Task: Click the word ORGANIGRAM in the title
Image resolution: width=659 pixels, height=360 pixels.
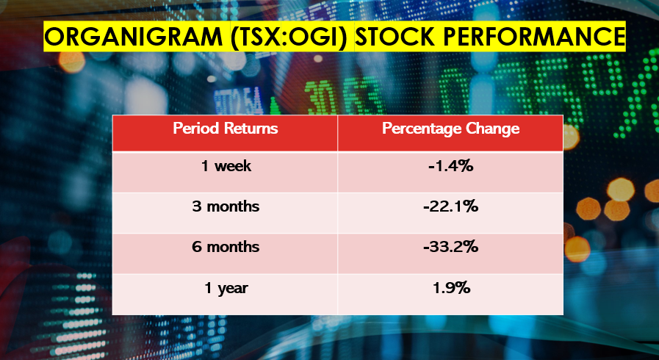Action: point(133,37)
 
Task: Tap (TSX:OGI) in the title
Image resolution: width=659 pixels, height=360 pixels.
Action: point(289,37)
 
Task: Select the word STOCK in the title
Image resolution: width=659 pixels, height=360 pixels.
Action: point(395,37)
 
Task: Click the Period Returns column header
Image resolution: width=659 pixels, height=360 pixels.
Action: point(226,128)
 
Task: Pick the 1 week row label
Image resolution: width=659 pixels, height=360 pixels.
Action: point(226,166)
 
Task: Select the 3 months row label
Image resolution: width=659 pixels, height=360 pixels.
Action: point(226,206)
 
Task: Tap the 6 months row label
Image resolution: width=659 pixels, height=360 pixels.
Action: point(226,247)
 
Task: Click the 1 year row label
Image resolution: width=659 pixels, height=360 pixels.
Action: point(226,289)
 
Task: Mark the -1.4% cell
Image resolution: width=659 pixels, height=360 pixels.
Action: point(451,166)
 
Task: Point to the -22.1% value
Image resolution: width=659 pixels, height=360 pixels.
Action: point(451,206)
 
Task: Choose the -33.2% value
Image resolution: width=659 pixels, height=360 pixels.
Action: point(451,247)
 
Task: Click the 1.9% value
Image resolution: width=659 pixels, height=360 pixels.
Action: point(451,288)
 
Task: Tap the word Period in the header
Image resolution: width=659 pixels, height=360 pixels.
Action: point(196,128)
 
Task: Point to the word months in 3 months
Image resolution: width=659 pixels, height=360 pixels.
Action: point(233,206)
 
